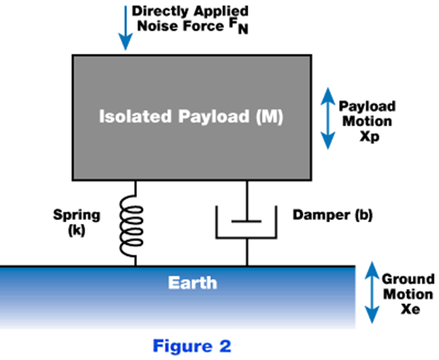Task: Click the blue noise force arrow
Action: [126, 28]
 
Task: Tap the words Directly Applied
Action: [190, 12]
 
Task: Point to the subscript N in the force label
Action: [243, 29]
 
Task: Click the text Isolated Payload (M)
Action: [191, 116]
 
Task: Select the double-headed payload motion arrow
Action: [328, 118]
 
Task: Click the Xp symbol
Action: [369, 137]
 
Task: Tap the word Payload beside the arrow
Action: [367, 106]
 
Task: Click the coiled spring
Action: [132, 226]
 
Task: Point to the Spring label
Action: [76, 216]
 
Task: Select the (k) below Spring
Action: [77, 231]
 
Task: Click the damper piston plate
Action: [247, 222]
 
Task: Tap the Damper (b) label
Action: [333, 215]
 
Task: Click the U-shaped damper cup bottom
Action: [246, 238]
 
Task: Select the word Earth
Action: [193, 283]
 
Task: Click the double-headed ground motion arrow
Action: [372, 292]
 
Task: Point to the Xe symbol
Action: [411, 309]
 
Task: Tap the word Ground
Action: [408, 279]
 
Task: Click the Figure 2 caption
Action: [192, 346]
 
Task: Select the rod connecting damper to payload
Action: [247, 201]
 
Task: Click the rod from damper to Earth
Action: [247, 252]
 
